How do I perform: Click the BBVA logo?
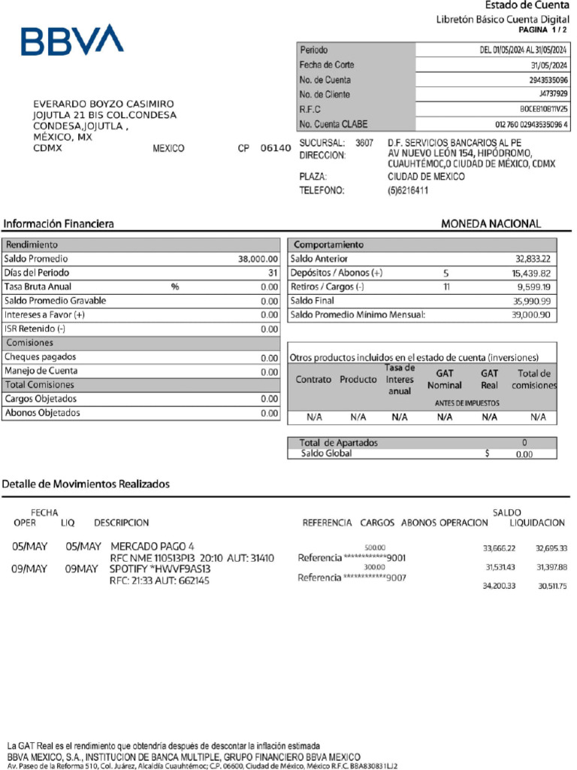coord(72,40)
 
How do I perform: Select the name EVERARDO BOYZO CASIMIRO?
coord(104,104)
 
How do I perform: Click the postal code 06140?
coord(275,149)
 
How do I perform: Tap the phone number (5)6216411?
coord(408,191)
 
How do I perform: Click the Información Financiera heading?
coord(59,224)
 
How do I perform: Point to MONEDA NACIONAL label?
coord(491,224)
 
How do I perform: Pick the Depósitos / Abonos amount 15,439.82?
coord(531,273)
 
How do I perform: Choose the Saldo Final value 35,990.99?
coord(532,301)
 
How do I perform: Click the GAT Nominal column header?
coord(445,379)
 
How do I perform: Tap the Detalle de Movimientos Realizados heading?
coord(86,484)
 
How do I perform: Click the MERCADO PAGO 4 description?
coord(152,546)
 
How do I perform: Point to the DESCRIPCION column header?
coord(121,523)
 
